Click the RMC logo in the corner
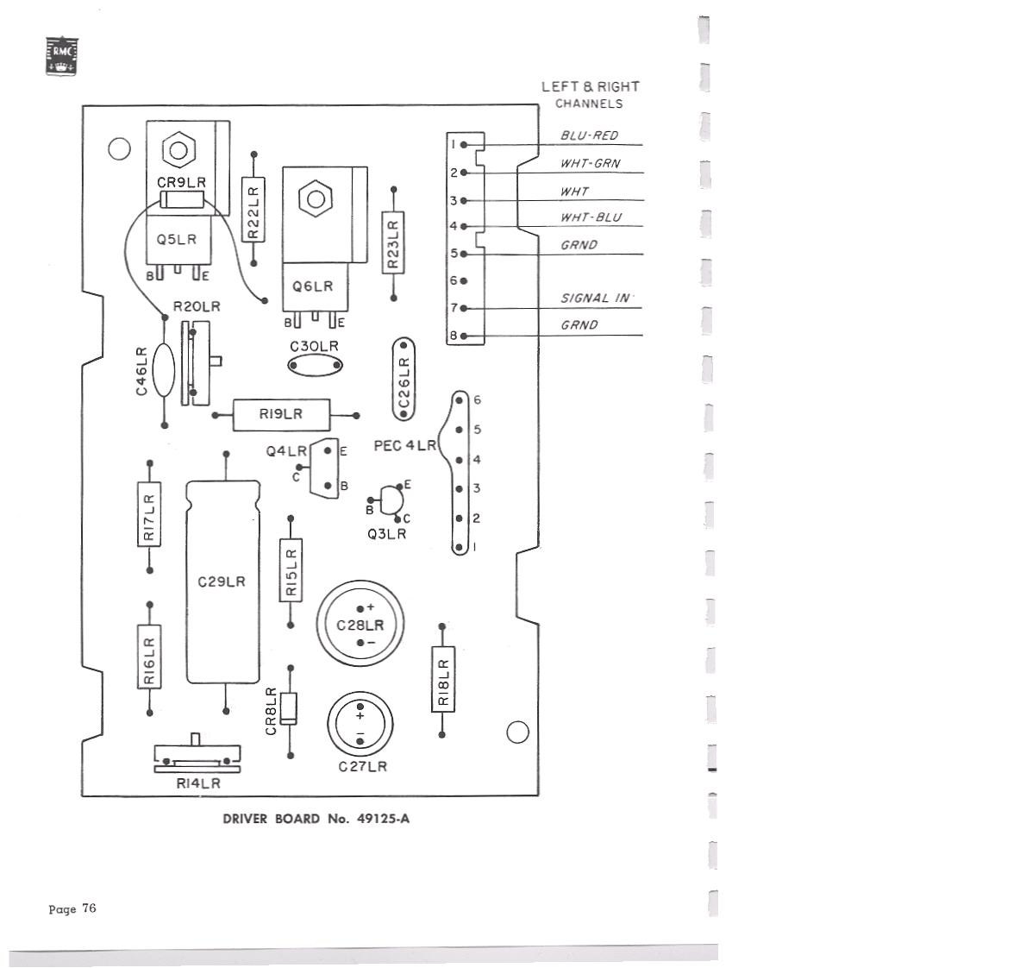(61, 55)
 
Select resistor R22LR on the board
(253, 209)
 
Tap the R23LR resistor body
(393, 243)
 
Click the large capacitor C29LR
(222, 581)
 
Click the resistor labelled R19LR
(281, 415)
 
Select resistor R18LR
(442, 680)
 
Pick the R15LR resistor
(291, 571)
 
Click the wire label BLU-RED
(589, 135)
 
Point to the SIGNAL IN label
(596, 299)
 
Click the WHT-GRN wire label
(590, 163)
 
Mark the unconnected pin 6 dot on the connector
(464, 281)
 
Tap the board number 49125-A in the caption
(383, 819)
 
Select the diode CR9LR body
(182, 201)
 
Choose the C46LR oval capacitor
(164, 371)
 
